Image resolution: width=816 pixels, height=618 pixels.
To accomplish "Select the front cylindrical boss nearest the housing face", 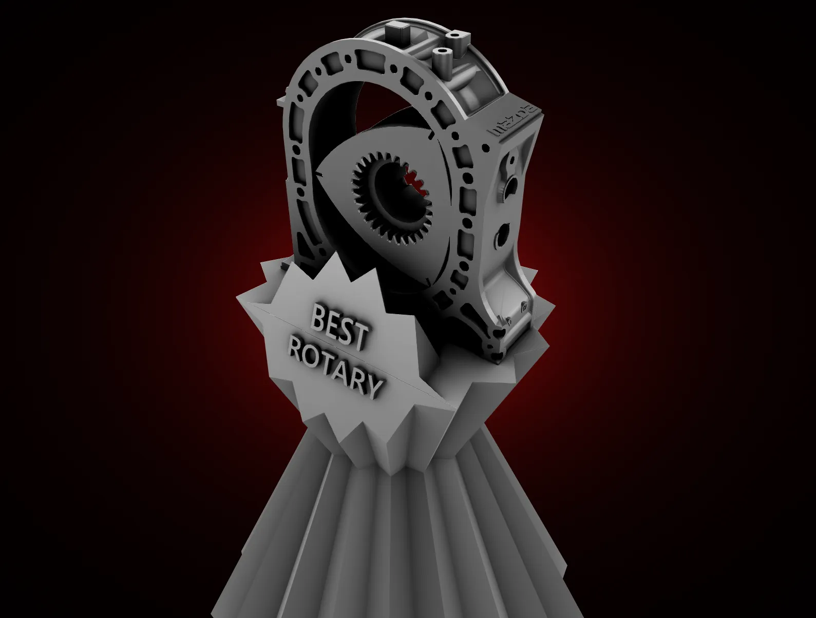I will [x=441, y=59].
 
